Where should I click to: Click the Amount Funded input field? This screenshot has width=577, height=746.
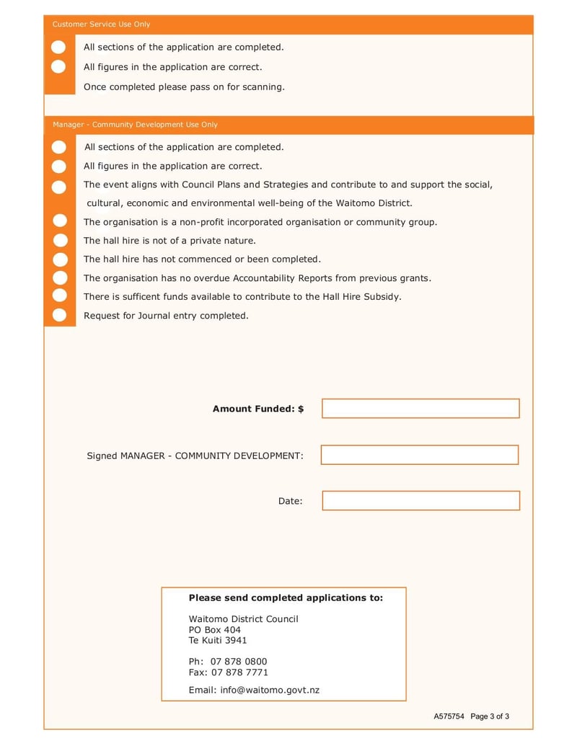(x=420, y=409)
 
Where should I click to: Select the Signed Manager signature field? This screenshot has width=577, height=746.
(x=420, y=455)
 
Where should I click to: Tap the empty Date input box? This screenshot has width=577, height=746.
(x=420, y=501)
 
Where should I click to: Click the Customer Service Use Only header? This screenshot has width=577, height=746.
(x=102, y=25)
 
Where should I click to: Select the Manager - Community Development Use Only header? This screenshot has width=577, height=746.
(x=135, y=125)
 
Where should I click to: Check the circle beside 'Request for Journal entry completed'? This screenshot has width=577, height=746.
(x=59, y=315)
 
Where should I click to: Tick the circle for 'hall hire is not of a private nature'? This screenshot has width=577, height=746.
(x=59, y=240)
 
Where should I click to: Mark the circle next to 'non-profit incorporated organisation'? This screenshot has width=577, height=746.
(x=59, y=221)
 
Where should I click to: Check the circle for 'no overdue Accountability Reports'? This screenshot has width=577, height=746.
(x=59, y=277)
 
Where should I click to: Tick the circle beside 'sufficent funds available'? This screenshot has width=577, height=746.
(x=59, y=296)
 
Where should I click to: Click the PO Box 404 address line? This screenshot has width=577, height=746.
(x=215, y=630)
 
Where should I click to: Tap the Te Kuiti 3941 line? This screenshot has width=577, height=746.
(x=218, y=640)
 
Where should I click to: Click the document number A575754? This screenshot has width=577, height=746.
(x=449, y=716)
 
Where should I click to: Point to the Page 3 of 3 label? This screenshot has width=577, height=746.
(x=490, y=716)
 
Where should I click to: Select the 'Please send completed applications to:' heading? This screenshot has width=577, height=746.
(x=286, y=598)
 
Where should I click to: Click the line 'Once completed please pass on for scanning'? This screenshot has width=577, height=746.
(x=184, y=87)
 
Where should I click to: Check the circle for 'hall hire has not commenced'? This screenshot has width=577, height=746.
(x=59, y=259)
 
